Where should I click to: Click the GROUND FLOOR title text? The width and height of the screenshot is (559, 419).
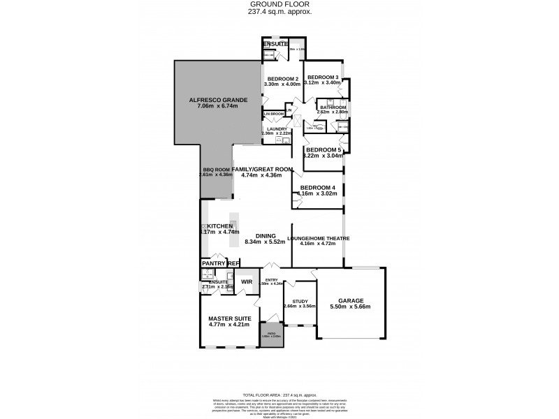(x=279, y=4)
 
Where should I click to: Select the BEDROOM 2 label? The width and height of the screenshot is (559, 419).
(x=282, y=78)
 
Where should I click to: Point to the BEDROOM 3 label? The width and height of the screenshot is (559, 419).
(x=324, y=77)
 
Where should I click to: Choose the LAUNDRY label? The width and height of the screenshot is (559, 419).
(x=275, y=128)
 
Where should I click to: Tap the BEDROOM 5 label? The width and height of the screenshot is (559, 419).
(x=324, y=150)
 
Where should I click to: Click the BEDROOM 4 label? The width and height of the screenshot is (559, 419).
(x=319, y=187)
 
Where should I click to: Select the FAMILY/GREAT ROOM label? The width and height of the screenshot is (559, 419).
(x=261, y=169)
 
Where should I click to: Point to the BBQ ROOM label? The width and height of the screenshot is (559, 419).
(x=216, y=169)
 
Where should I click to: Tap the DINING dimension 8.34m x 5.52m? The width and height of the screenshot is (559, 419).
(x=264, y=242)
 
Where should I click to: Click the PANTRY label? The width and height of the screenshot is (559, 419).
(x=214, y=263)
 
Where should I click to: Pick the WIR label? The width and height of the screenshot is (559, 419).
(x=245, y=281)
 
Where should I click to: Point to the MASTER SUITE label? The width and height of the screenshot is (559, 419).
(x=229, y=318)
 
